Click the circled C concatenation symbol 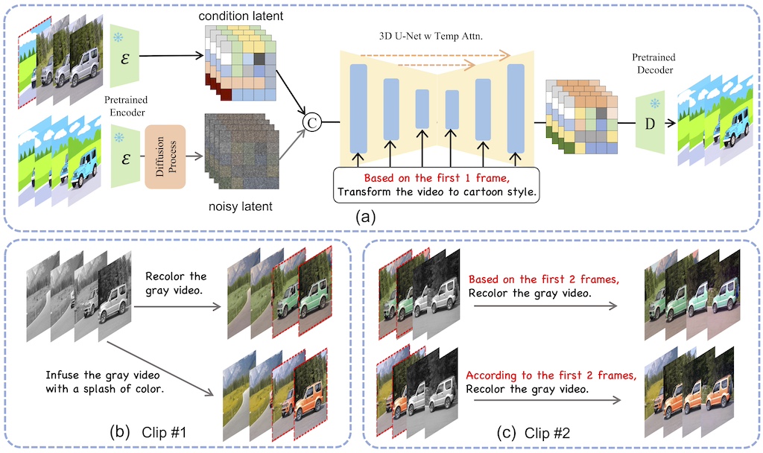tap(313, 120)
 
